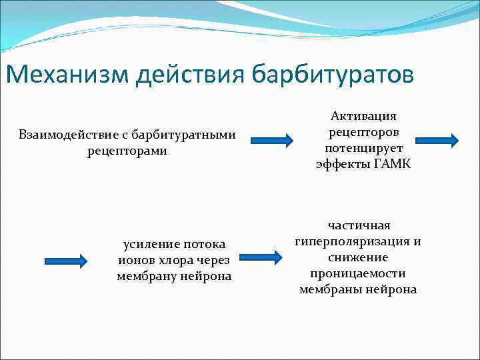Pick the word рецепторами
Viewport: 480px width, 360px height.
coord(127,151)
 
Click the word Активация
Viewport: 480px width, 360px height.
coord(363,117)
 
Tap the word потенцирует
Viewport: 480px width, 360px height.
coord(363,148)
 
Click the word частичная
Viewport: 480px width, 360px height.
coord(358,226)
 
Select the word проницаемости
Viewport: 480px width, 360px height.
coord(358,273)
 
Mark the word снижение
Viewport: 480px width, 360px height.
coord(358,257)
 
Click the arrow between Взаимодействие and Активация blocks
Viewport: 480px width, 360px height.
coord(272,140)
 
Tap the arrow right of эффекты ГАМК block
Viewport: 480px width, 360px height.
coord(437,140)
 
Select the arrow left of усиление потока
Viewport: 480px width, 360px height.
coord(65,261)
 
